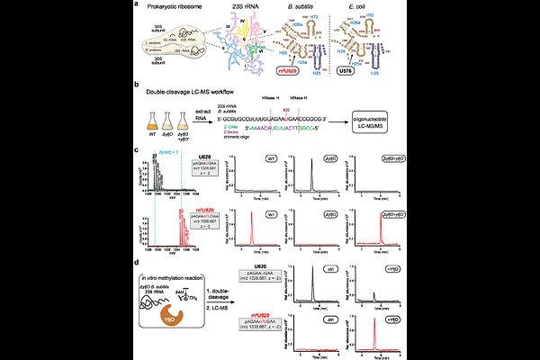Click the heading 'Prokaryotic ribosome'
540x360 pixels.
pos(175,9)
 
